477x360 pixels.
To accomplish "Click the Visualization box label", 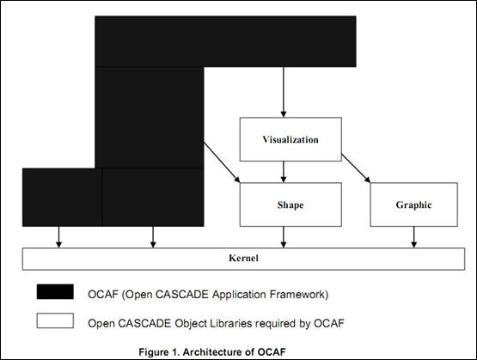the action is (x=290, y=139).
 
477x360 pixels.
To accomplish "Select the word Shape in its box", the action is (x=290, y=205).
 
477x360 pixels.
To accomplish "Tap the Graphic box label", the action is (x=413, y=205).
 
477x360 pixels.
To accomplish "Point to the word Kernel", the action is (x=244, y=258).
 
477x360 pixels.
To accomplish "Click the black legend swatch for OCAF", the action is (x=55, y=291).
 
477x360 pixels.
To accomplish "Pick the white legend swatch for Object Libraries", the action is (x=55, y=320).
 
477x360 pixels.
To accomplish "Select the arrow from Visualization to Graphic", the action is (x=356, y=168).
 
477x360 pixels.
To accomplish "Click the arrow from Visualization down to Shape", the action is (x=284, y=172).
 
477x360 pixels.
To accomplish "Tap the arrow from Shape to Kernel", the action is (x=284, y=237).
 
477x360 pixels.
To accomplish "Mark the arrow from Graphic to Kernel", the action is (x=413, y=237).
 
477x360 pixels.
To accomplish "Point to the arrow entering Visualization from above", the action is (x=284, y=92).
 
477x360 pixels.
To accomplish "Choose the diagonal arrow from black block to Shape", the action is (x=222, y=162).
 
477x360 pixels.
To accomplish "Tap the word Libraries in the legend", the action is (x=229, y=323).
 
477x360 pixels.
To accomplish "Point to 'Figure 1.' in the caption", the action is (x=159, y=351).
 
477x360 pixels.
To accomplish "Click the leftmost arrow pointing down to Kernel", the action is (x=59, y=237).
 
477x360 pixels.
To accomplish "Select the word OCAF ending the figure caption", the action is (x=272, y=351).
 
